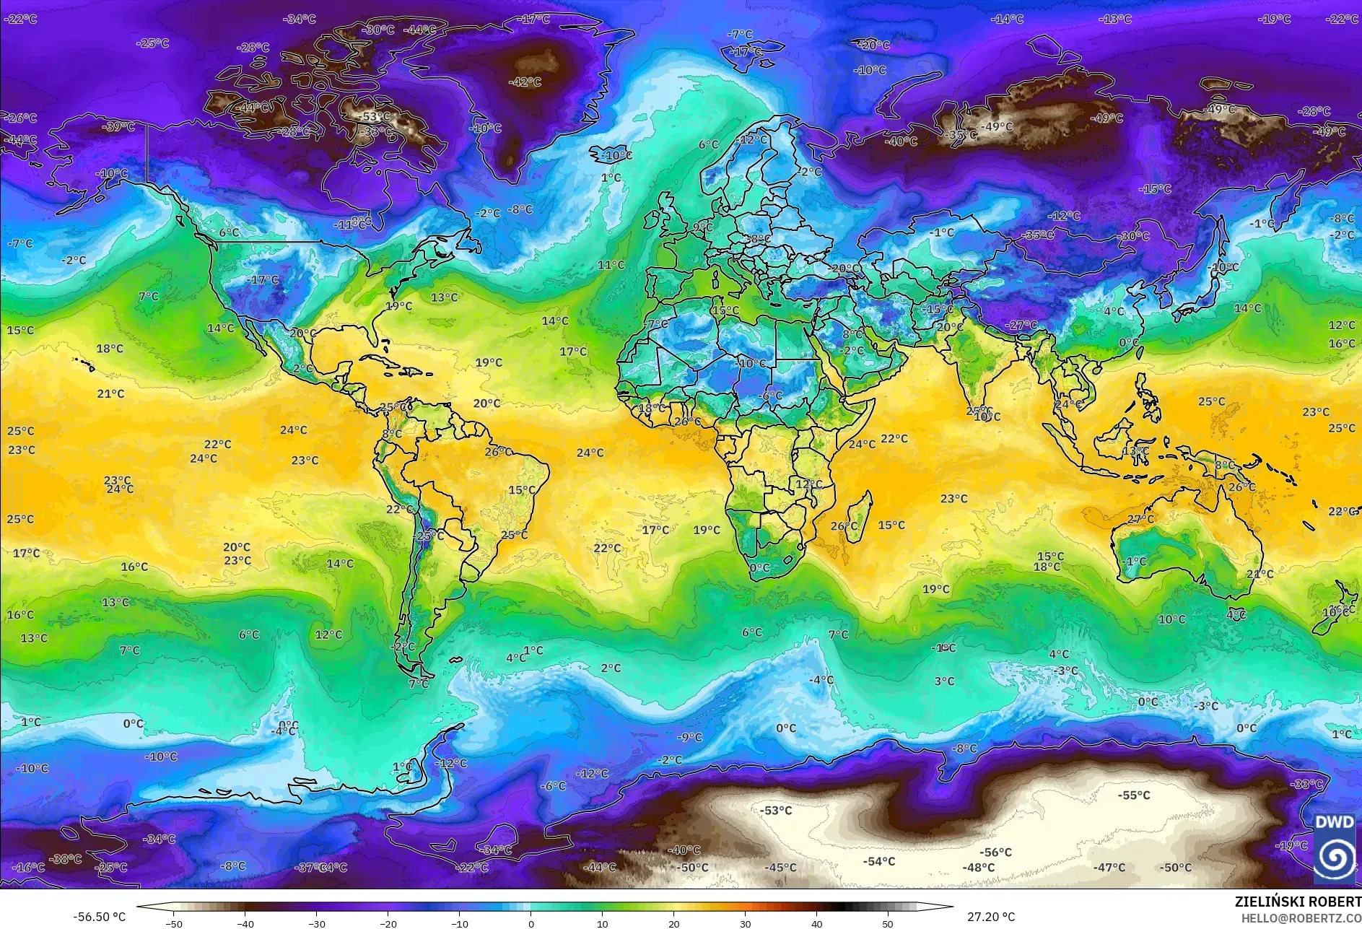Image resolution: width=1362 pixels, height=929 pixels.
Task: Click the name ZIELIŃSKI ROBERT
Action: [1298, 902]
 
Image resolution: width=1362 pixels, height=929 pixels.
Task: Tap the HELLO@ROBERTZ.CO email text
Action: [1301, 918]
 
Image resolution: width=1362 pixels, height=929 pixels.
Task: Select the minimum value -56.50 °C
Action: [99, 917]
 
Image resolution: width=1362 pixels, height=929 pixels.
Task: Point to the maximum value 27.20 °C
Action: [991, 917]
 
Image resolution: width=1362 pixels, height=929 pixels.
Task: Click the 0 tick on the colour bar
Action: [531, 923]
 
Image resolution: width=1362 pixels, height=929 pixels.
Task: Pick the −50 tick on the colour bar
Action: [174, 923]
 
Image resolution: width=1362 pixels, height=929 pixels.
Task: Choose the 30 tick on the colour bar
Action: [745, 923]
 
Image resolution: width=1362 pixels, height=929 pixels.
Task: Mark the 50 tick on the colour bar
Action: [888, 923]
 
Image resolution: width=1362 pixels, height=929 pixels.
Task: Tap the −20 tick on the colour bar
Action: [388, 923]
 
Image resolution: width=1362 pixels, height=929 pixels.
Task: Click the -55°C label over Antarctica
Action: [1134, 795]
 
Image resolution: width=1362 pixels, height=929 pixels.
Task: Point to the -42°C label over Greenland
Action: [525, 82]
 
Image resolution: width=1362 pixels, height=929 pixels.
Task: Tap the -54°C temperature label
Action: [878, 861]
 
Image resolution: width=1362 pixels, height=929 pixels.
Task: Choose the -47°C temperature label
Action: [1109, 868]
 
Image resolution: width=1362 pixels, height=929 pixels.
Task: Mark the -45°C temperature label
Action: [780, 868]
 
